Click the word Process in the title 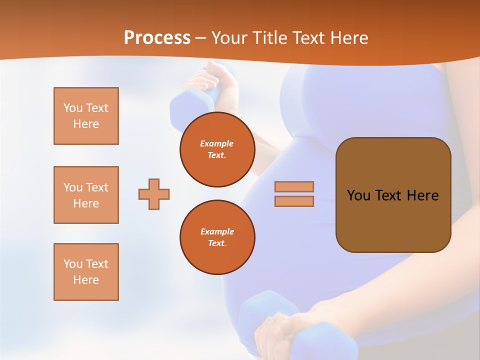pyautogui.click(x=157, y=38)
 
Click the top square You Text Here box pyautogui.click(x=86, y=116)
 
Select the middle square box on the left pyautogui.click(x=86, y=195)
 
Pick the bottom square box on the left pyautogui.click(x=86, y=272)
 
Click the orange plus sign pyautogui.click(x=154, y=194)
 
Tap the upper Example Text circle pyautogui.click(x=217, y=149)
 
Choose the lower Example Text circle pyautogui.click(x=217, y=237)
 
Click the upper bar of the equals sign pyautogui.click(x=294, y=186)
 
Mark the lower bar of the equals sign pyautogui.click(x=294, y=201)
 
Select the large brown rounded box pyautogui.click(x=393, y=220)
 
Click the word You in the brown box pyautogui.click(x=358, y=195)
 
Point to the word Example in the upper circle pyautogui.click(x=217, y=143)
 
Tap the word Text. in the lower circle pyautogui.click(x=217, y=243)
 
